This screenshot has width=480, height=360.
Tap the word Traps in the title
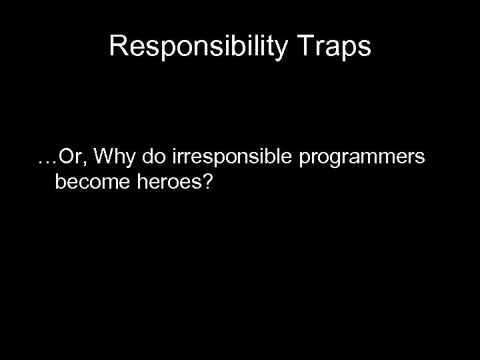(339, 46)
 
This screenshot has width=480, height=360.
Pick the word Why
(110, 157)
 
